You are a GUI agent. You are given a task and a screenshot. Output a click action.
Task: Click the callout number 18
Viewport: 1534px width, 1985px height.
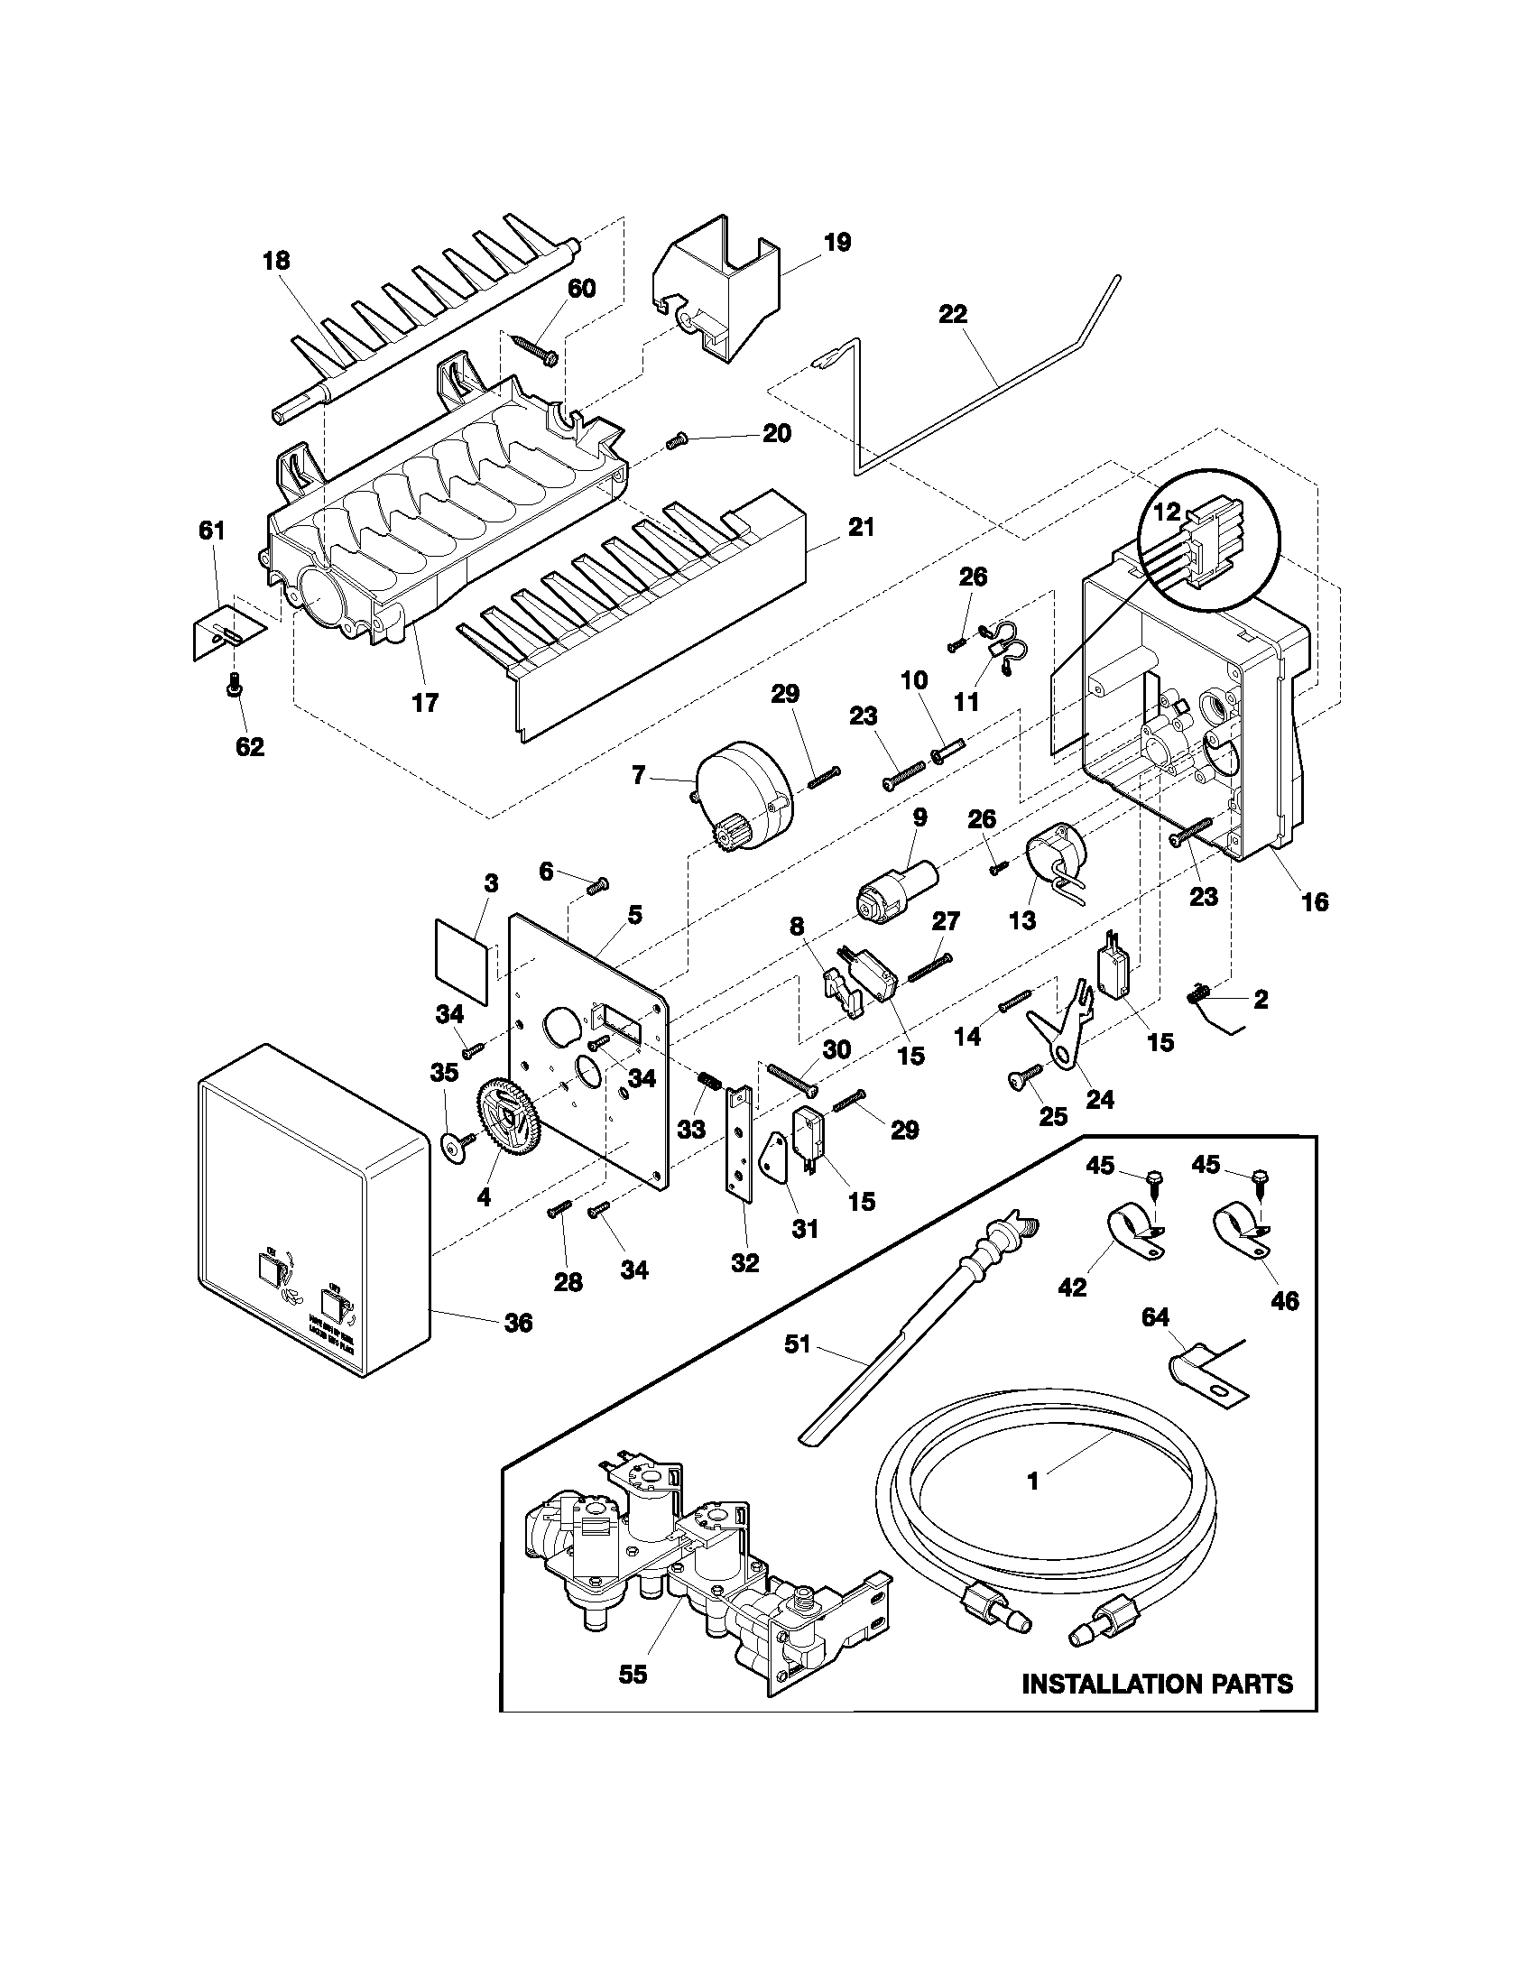click(x=276, y=262)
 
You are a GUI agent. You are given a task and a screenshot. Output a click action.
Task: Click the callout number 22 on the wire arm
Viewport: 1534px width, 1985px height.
click(x=953, y=315)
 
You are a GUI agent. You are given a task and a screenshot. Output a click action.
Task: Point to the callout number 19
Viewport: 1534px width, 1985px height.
click(x=837, y=243)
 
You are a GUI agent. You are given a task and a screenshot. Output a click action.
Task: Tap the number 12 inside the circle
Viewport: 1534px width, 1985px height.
click(x=1166, y=513)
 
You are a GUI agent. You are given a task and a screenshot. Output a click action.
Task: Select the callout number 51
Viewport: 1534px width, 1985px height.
click(x=797, y=1370)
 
